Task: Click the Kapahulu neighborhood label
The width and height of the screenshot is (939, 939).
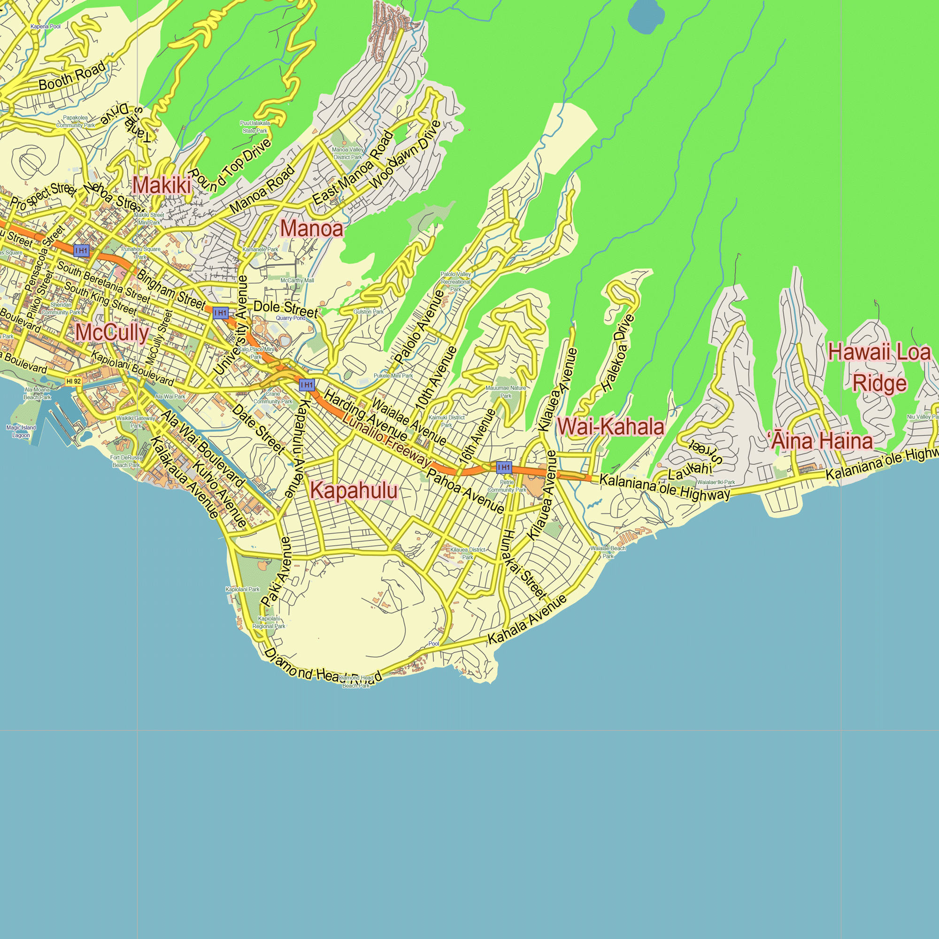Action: [x=354, y=491]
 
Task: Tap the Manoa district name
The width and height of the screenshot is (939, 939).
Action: [x=312, y=229]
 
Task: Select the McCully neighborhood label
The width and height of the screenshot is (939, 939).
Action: [x=112, y=333]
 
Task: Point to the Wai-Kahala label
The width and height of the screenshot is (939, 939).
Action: [x=610, y=427]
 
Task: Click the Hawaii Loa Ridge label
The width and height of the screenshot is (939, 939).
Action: [x=879, y=368]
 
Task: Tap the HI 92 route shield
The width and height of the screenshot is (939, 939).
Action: [x=73, y=382]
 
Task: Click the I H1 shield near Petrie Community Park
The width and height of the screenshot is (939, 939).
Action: [x=504, y=468]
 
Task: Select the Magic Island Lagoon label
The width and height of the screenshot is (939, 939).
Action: [x=21, y=431]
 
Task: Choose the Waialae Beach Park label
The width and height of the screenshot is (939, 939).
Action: [x=608, y=552]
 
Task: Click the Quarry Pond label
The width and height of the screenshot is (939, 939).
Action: [x=291, y=318]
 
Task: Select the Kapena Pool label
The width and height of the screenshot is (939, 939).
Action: [x=45, y=26]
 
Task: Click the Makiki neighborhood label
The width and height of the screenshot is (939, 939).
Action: [x=162, y=185]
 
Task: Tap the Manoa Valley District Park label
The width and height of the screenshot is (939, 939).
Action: [x=347, y=154]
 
